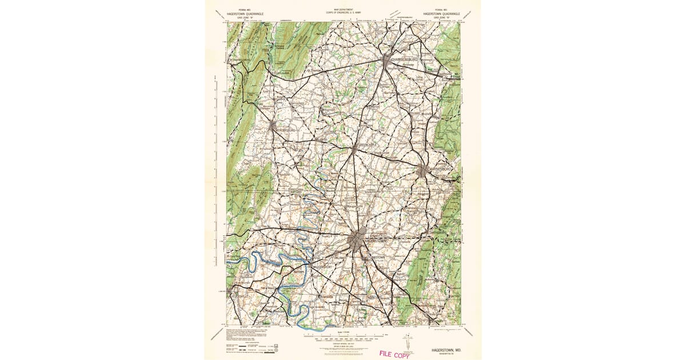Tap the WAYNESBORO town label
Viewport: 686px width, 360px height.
pos(439,170)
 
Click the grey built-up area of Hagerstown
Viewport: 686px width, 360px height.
pos(359,240)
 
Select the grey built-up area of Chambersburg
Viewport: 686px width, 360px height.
pos(388,59)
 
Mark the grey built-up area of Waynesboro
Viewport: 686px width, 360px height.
pos(422,170)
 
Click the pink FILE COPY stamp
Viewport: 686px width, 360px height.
pos(394,354)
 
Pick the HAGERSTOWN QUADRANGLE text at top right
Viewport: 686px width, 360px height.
pos(441,13)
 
